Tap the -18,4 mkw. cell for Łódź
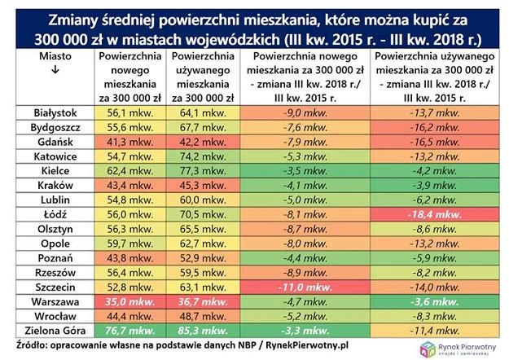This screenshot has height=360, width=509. (x=438, y=214)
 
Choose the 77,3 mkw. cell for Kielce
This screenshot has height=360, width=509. (x=200, y=170)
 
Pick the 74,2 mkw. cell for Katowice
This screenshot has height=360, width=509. (x=200, y=156)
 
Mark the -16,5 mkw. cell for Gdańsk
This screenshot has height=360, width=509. (x=438, y=141)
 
